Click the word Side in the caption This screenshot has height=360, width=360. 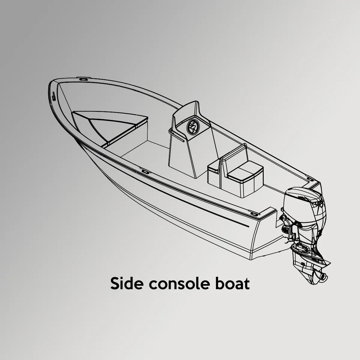coord(127,283)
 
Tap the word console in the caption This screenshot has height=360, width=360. coord(178,283)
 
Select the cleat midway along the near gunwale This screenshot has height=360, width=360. coord(145,171)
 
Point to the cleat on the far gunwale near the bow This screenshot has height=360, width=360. coord(83,79)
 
